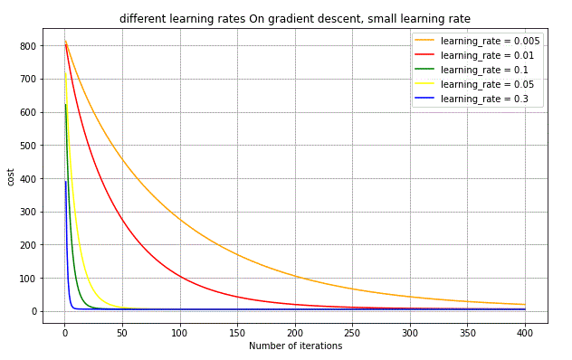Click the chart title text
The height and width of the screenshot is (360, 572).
point(295,19)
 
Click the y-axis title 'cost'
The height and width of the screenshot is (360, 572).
point(11,176)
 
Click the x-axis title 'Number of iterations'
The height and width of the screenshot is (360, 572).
point(295,346)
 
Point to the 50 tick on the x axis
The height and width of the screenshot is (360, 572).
point(121,330)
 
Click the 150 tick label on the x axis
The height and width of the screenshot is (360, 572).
point(237,330)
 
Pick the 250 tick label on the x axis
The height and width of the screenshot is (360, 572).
point(352,330)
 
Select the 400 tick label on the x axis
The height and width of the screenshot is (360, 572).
point(525,330)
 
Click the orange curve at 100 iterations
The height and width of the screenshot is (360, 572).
point(179,221)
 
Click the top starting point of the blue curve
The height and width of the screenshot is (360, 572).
point(65,182)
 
